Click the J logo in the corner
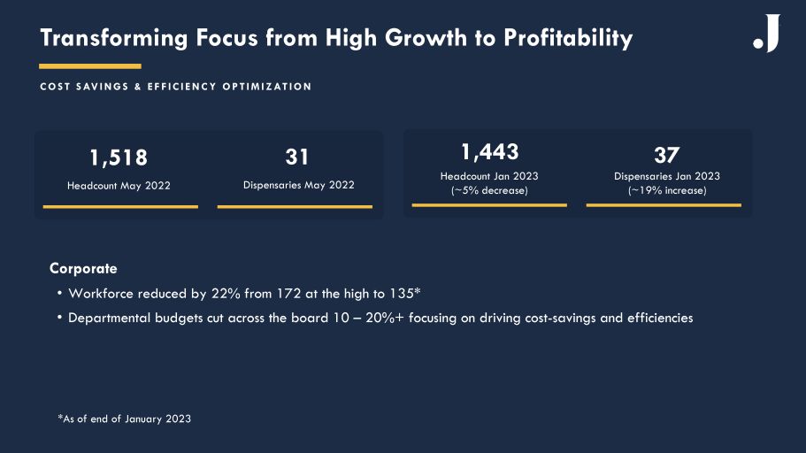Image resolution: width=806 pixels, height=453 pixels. [x=767, y=35]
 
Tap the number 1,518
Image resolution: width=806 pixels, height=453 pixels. [x=119, y=157]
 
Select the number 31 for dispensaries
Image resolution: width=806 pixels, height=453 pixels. [x=297, y=157]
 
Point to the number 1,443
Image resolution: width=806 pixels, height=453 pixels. [x=489, y=151]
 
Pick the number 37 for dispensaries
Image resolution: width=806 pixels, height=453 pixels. [x=666, y=155]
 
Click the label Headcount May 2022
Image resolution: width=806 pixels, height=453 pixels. [x=119, y=186]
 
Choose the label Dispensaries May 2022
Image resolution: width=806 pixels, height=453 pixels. [x=298, y=185]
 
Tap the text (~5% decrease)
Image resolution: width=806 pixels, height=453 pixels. [x=489, y=190]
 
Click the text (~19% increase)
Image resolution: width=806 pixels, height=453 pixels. [x=667, y=190]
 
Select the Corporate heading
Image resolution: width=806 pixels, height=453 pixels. [x=83, y=268]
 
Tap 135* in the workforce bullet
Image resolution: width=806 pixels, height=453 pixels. [x=403, y=293]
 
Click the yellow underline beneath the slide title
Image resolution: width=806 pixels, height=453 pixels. [x=90, y=66]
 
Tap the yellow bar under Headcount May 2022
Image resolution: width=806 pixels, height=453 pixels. [x=120, y=207]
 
